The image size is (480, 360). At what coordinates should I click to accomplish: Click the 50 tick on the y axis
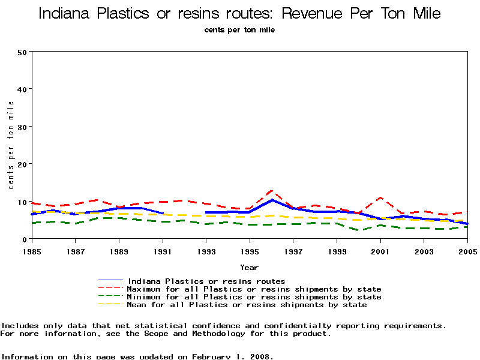coord(22,52)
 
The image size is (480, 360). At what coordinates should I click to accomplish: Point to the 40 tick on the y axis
coord(22,89)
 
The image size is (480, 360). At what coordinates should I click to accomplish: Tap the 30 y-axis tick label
coord(22,127)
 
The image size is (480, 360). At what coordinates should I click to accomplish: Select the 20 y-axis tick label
coord(22,164)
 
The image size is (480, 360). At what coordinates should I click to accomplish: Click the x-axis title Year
coord(250,267)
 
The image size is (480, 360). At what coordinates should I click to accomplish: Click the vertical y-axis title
coord(11,145)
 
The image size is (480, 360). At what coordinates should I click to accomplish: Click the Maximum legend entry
coord(254,289)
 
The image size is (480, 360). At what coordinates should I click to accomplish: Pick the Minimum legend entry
coord(254,297)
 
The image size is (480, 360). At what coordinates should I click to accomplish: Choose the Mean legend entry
coord(247,305)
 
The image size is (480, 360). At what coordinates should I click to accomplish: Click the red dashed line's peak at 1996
coord(272,191)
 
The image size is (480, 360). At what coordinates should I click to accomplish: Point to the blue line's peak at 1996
coord(272,200)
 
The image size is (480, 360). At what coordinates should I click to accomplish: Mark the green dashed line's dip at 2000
coord(359,230)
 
